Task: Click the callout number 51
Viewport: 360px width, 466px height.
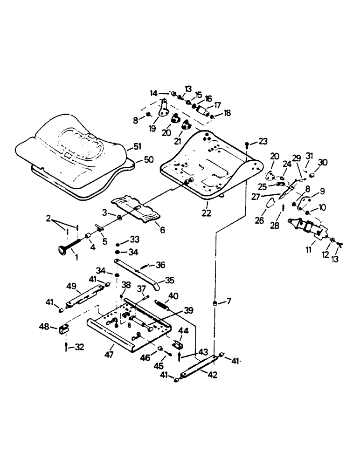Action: point(137,148)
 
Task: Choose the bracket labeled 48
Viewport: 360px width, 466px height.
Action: point(63,329)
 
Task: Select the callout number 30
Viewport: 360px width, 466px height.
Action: point(323,162)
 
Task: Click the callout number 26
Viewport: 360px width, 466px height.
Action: point(260,219)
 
